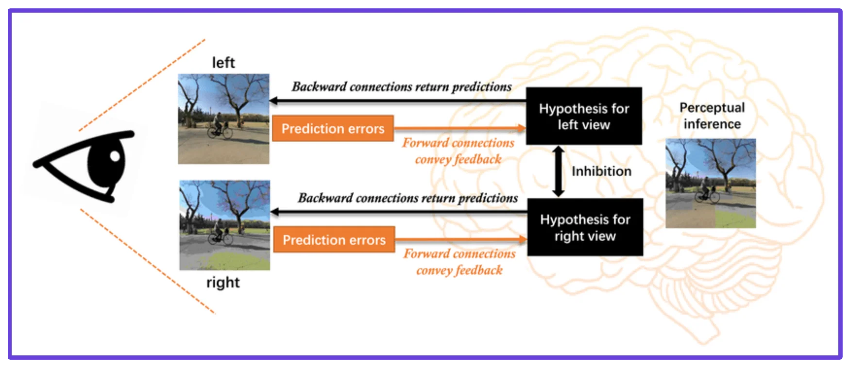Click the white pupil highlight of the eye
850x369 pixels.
(x=115, y=156)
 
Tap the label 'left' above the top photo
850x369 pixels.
(x=223, y=63)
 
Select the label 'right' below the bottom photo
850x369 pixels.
(x=223, y=283)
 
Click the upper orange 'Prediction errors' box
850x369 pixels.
(x=333, y=129)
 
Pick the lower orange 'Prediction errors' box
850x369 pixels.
(x=334, y=240)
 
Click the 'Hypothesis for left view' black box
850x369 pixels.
(x=584, y=117)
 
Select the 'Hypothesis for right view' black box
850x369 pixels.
(x=585, y=228)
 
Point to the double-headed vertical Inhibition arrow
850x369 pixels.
(x=559, y=171)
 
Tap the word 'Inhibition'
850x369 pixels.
(x=601, y=171)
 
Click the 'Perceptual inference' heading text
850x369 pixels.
(x=712, y=116)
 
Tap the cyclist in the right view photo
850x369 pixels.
(x=220, y=232)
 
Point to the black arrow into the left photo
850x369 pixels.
(x=389, y=101)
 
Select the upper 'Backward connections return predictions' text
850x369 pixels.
(x=402, y=87)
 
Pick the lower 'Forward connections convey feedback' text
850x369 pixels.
(x=459, y=262)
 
